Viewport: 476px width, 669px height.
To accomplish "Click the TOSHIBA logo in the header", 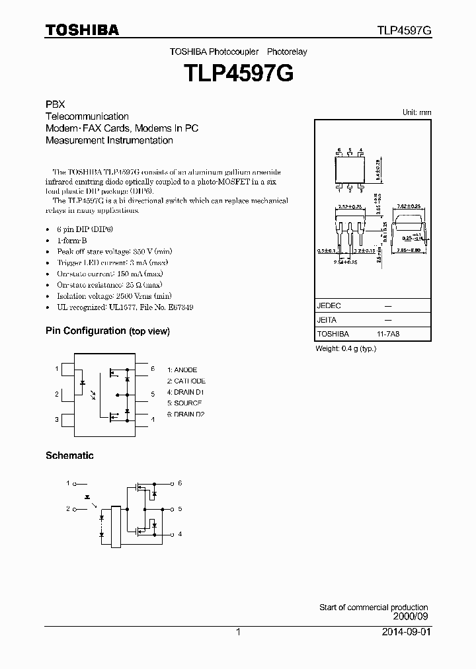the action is [x=82, y=30].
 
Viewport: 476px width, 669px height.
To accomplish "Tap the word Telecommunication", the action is [x=87, y=117].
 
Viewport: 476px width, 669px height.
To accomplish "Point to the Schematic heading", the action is [x=69, y=455].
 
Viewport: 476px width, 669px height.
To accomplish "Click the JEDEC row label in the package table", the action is [x=329, y=306].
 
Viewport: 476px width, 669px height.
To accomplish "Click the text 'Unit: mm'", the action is [x=416, y=112].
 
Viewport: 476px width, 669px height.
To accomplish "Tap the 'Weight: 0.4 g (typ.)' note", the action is [x=346, y=348].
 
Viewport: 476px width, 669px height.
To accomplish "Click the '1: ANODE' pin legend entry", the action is [x=182, y=370].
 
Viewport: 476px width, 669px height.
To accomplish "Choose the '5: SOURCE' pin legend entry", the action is [x=184, y=403].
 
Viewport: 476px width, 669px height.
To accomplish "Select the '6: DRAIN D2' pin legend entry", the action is [x=186, y=414].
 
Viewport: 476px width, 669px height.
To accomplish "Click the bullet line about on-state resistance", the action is [x=110, y=285].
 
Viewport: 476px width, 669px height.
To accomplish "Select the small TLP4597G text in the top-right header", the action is [x=405, y=30].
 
